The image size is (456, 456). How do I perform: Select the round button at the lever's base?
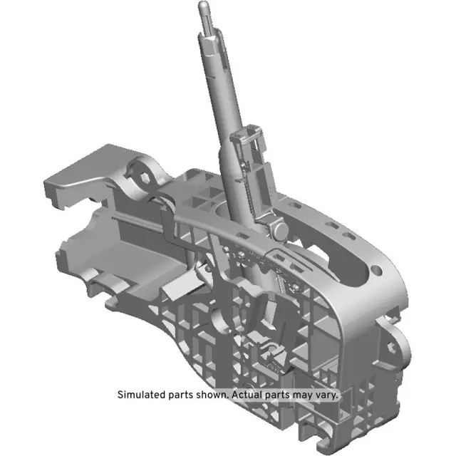(x=279, y=228)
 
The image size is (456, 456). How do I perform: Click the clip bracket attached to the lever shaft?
(x=247, y=146)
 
